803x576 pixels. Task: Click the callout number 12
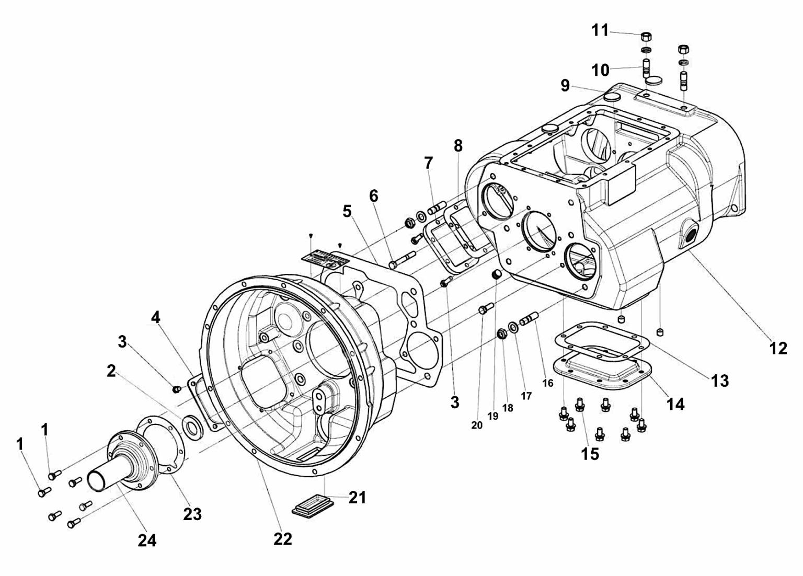(x=778, y=348)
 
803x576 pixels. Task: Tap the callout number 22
(x=282, y=539)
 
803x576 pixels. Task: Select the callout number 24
(x=147, y=540)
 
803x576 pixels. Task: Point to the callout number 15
(x=590, y=454)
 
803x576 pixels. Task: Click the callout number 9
(x=565, y=85)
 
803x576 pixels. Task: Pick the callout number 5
(x=347, y=211)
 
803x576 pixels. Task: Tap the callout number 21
(x=358, y=498)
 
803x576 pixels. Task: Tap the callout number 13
(x=720, y=380)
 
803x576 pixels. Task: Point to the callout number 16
(x=547, y=383)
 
